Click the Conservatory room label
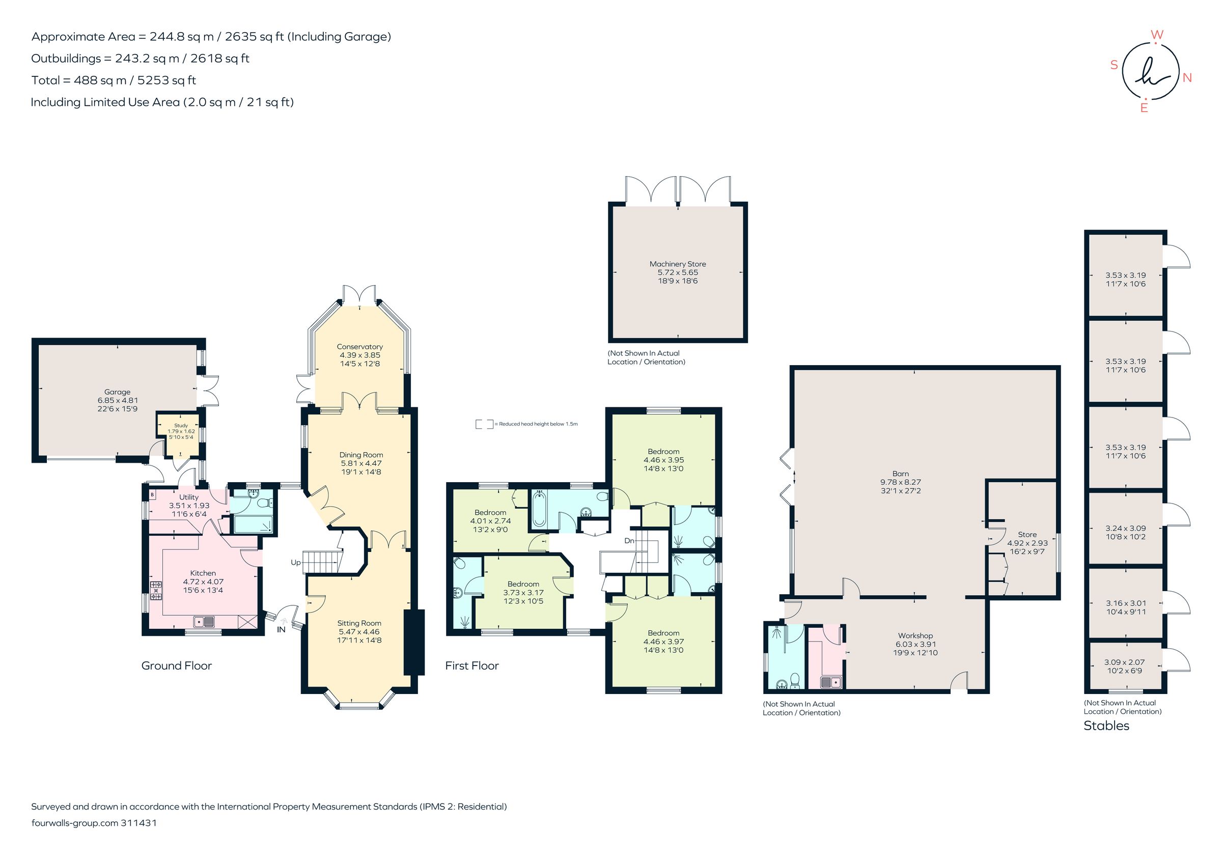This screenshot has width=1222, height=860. click(x=359, y=346)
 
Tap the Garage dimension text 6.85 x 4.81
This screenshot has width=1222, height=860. click(x=117, y=400)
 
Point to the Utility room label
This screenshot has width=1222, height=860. click(x=188, y=497)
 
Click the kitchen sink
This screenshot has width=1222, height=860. click(x=204, y=621)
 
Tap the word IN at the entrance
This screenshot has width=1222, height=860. click(x=281, y=629)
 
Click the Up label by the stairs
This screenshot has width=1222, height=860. click(x=295, y=563)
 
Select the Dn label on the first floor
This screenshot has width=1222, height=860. click(x=629, y=541)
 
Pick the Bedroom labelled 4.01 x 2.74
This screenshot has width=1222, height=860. click(x=490, y=521)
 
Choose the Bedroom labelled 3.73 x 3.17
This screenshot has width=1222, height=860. click(x=523, y=592)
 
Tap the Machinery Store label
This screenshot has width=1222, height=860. click(x=677, y=264)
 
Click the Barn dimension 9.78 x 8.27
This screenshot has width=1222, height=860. click(x=900, y=482)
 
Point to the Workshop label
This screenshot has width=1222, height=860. click(x=915, y=635)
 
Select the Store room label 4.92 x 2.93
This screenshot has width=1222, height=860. click(x=1026, y=543)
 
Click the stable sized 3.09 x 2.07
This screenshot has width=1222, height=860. click(x=1124, y=667)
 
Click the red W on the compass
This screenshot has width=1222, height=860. click(x=1156, y=35)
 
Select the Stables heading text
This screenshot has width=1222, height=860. click(x=1106, y=726)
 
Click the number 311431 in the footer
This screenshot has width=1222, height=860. click(x=139, y=823)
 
